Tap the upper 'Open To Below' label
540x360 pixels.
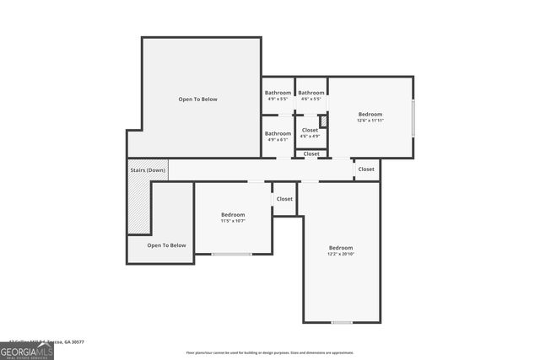197,99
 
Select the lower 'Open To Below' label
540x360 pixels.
166,245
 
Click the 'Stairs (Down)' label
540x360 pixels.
148,170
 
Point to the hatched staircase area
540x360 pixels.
138,207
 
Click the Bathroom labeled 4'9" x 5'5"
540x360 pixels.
278,95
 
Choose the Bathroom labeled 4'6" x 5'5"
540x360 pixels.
310,95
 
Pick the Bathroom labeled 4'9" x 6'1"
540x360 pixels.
278,136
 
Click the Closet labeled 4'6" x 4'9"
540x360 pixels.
310,132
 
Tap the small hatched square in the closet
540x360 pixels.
322,121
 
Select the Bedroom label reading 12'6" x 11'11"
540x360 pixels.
370,117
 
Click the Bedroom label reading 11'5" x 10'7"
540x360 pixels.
233,218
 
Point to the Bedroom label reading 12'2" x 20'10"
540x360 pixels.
341,250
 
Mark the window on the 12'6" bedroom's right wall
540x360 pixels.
413,118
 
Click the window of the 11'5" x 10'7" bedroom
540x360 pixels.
231,254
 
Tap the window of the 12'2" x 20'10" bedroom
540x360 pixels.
342,322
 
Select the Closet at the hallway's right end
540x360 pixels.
366,169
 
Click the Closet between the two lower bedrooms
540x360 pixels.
284,199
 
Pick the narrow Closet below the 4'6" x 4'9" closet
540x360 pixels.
311,153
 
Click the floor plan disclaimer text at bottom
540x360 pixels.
269,352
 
